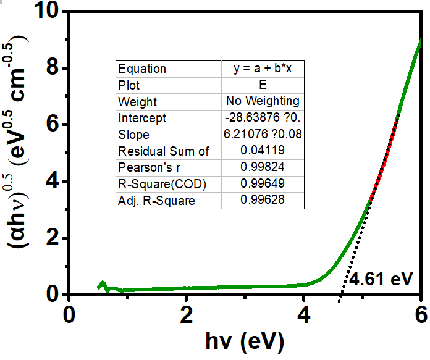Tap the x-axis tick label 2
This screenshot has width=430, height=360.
tap(186, 314)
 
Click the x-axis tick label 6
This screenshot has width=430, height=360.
tap(421, 314)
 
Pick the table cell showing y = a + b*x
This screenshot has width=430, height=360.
tap(262, 69)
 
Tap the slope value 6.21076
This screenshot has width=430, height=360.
tap(262, 135)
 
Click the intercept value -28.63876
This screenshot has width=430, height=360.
tap(262, 118)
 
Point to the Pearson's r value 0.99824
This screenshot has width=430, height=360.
tap(262, 167)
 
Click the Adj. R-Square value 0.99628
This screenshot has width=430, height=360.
tap(262, 200)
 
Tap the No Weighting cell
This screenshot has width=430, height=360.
tap(262, 101)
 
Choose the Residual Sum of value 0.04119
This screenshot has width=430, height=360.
tap(262, 151)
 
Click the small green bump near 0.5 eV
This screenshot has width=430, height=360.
tap(103, 284)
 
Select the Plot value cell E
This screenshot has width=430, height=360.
tap(262, 85)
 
